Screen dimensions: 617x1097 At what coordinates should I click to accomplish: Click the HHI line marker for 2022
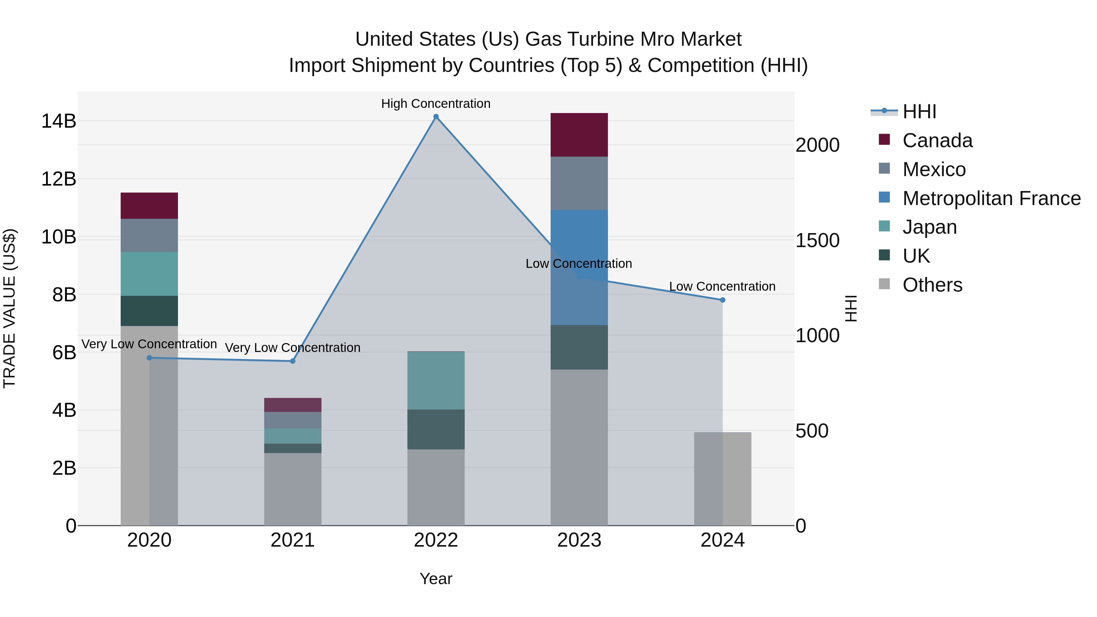(x=436, y=117)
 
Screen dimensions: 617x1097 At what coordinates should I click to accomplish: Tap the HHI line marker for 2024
(x=722, y=300)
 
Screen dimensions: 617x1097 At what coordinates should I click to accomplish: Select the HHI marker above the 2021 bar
(x=293, y=361)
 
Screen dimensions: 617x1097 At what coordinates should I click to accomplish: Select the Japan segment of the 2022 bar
(x=436, y=380)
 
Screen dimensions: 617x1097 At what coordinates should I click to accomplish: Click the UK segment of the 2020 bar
(x=149, y=311)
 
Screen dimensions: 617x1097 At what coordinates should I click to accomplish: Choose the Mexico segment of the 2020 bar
(x=149, y=236)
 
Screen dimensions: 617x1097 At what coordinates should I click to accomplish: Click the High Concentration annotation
(x=436, y=104)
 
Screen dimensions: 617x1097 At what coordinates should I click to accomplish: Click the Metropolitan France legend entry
(x=991, y=198)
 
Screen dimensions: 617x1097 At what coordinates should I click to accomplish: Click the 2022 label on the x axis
(x=436, y=540)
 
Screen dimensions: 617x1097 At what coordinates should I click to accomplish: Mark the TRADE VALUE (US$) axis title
(x=10, y=308)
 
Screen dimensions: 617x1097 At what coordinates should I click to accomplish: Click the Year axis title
(x=436, y=579)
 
